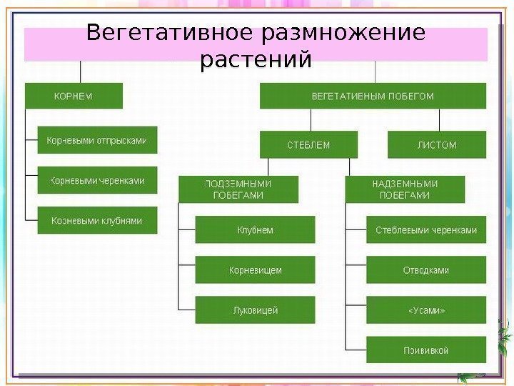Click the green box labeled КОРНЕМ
click(74, 96)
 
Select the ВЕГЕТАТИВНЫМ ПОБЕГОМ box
click(373, 96)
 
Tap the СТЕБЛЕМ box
click(308, 145)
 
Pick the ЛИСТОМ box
click(436, 145)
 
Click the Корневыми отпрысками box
click(96, 141)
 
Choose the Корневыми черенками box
click(96, 181)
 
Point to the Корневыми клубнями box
click(96, 222)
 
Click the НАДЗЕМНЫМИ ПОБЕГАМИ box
click(405, 189)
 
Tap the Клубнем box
click(255, 230)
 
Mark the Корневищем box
click(255, 270)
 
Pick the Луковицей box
click(255, 310)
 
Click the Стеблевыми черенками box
click(426, 230)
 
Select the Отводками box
click(426, 270)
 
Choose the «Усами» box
click(426, 310)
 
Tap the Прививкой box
click(426, 350)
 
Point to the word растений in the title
click(256, 60)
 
